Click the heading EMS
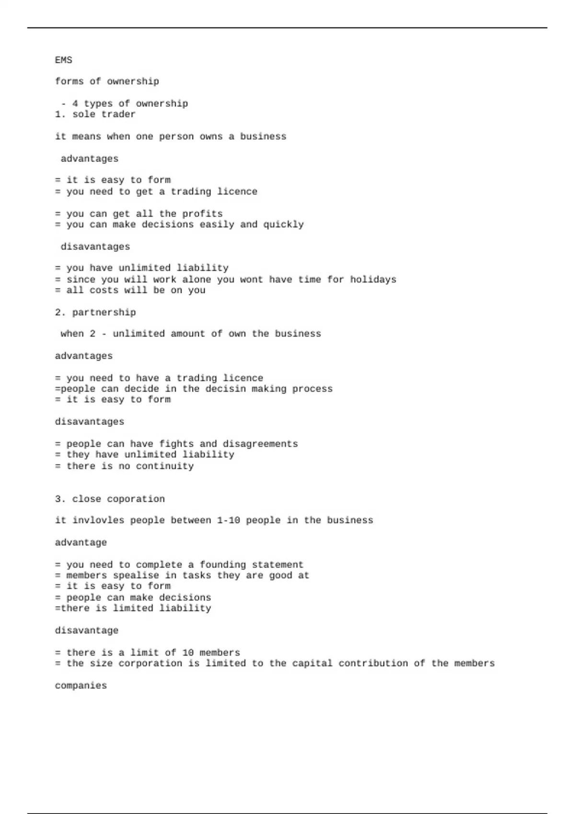click(x=63, y=60)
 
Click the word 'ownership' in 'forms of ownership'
click(x=133, y=81)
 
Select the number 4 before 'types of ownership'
click(x=75, y=103)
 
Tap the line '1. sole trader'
click(x=95, y=114)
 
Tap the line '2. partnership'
click(x=95, y=313)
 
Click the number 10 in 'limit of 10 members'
click(x=188, y=653)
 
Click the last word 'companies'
click(x=80, y=686)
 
